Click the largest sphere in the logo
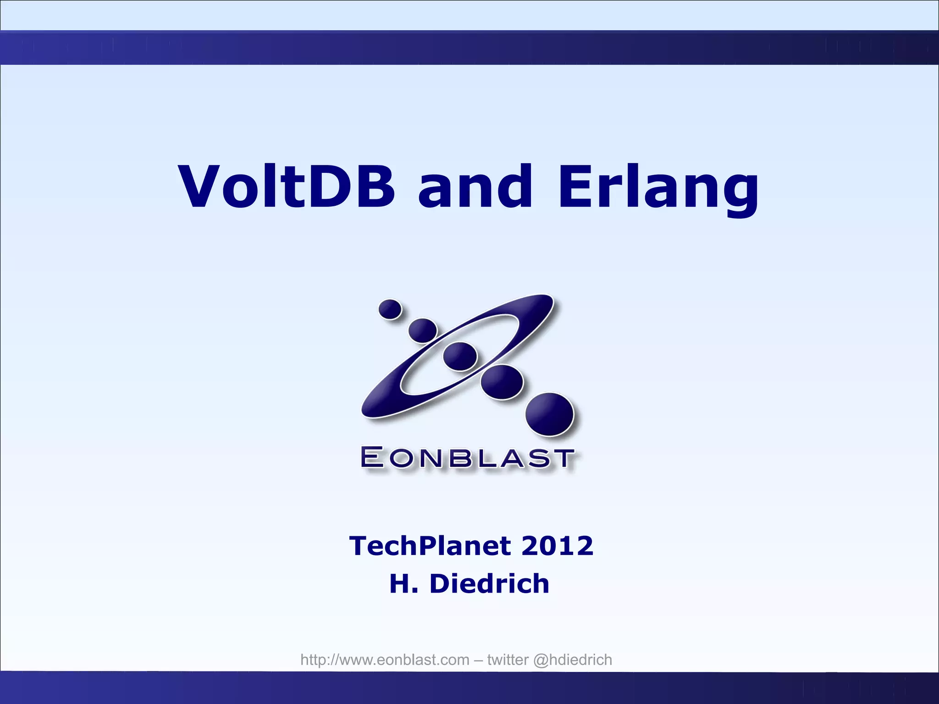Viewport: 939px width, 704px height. [x=549, y=414]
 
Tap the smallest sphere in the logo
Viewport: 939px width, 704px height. [x=390, y=309]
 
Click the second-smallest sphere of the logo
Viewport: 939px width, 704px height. [x=422, y=330]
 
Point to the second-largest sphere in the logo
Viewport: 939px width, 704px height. [x=502, y=382]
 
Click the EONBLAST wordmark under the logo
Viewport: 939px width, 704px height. [x=467, y=458]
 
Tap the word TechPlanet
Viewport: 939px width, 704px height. [x=430, y=546]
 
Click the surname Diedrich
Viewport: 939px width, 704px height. [x=489, y=584]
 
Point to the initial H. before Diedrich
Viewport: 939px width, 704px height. [x=403, y=584]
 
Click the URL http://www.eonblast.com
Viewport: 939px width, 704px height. [x=385, y=660]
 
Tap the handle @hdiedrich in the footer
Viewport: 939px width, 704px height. [x=572, y=660]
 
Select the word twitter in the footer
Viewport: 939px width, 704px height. [x=508, y=660]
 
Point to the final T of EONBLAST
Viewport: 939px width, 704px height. [x=562, y=458]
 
